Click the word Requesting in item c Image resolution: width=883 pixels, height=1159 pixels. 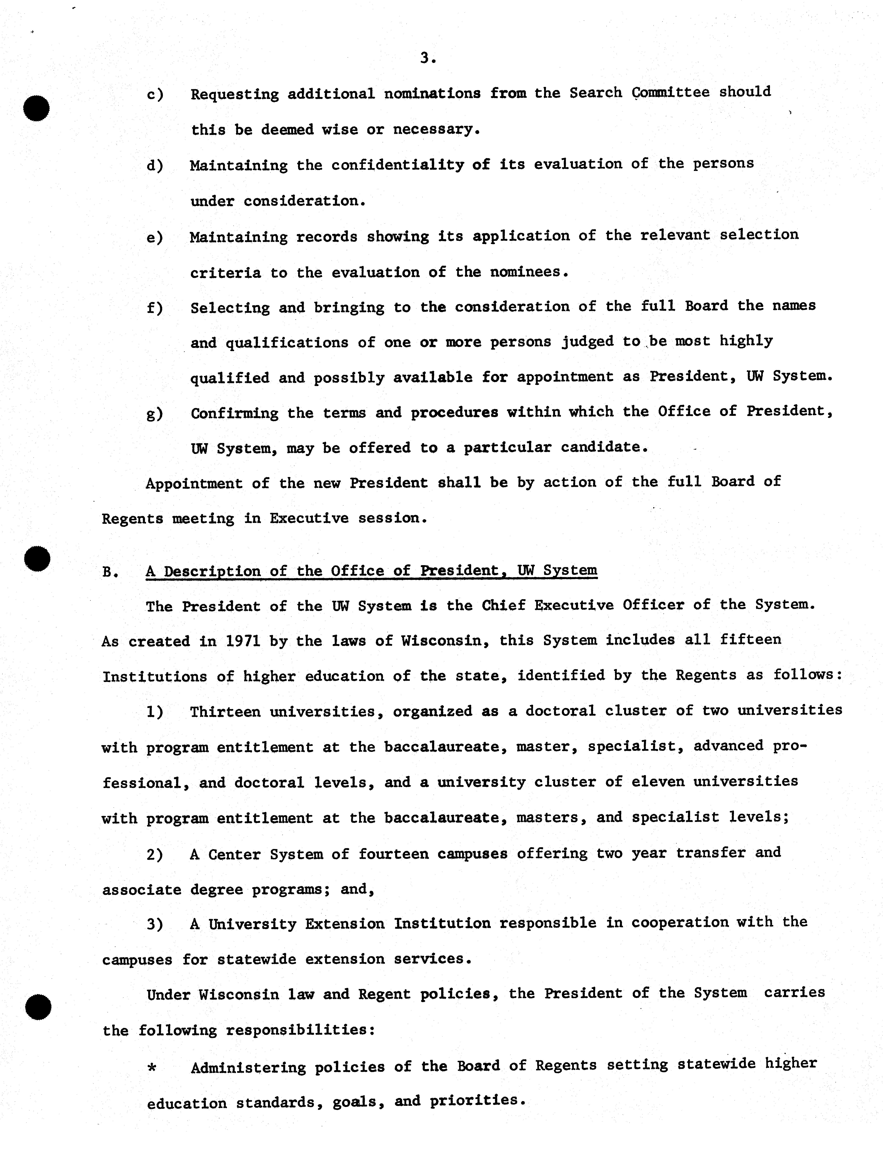[x=234, y=95]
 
